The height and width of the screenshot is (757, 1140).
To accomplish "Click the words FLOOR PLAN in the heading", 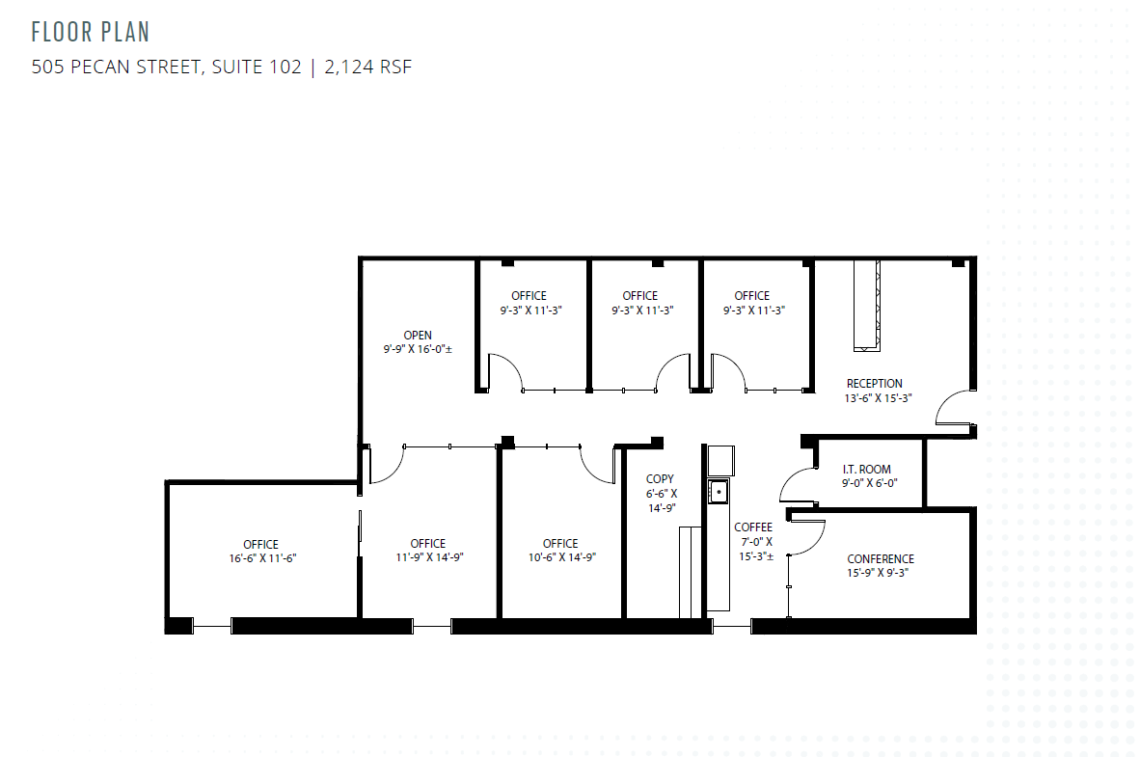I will point(91,32).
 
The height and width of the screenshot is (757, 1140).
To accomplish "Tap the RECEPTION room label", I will point(875,384).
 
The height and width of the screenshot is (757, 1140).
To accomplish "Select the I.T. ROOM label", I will point(866,470).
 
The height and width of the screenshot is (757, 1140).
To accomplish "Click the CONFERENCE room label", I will point(881,558).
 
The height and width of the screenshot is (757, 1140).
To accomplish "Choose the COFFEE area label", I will point(753,527).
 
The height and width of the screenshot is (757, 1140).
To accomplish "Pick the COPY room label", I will point(660,479).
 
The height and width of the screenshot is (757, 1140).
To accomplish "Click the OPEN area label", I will point(418,336).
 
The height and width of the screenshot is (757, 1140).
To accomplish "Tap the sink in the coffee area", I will point(717,493).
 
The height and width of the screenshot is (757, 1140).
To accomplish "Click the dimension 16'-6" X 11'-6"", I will point(260,558).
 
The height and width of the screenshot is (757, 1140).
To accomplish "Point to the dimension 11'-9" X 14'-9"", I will point(427,556).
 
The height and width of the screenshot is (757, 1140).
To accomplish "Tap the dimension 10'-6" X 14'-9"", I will point(560,556).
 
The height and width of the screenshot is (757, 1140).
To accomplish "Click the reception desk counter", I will point(865,305).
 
